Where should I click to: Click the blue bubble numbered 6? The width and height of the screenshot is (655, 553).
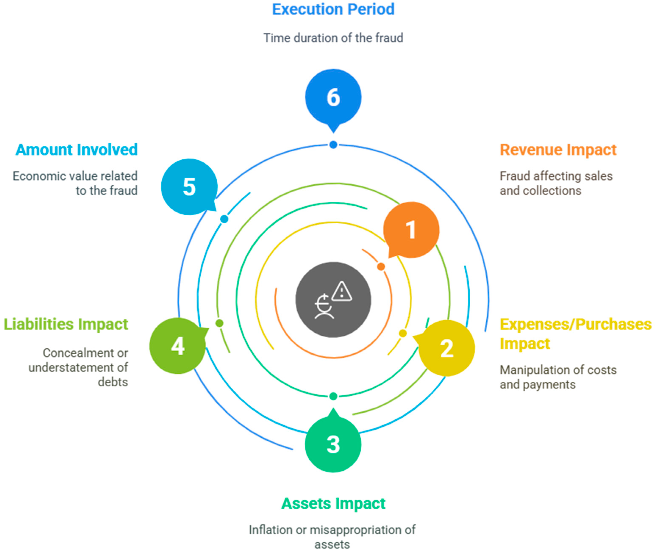coord(333,97)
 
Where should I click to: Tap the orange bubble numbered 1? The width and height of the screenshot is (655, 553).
coord(411,229)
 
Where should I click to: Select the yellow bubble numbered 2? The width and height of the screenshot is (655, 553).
coord(447,348)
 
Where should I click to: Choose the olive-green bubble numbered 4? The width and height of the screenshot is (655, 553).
coord(178,346)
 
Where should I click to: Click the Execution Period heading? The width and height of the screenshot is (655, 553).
coord(333,9)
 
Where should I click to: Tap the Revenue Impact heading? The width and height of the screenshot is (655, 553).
coord(558,150)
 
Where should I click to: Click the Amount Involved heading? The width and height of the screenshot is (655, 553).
coord(76,150)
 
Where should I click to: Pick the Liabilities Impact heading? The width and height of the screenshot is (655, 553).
coord(66,324)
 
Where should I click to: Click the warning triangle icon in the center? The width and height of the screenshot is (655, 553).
coord(342,292)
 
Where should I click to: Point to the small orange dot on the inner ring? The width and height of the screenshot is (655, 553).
coord(381,267)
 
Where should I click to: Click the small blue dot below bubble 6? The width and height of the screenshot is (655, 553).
coord(333,145)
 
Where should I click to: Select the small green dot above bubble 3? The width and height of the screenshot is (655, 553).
coord(333,396)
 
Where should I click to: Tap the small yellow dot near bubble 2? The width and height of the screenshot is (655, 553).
coord(403,333)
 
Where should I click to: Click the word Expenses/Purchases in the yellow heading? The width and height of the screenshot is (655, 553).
coord(575,324)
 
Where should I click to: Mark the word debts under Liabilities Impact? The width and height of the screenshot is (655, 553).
coord(113,382)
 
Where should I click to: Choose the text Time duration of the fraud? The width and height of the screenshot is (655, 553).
coord(333,38)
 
